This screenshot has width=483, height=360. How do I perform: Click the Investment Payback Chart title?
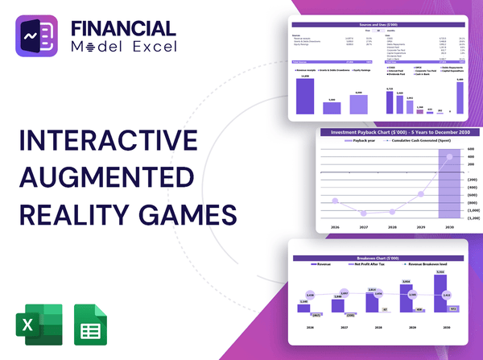pos(390,132)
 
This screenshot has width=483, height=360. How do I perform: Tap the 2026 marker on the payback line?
pos(335,200)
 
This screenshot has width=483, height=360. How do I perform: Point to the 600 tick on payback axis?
pos(470,148)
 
